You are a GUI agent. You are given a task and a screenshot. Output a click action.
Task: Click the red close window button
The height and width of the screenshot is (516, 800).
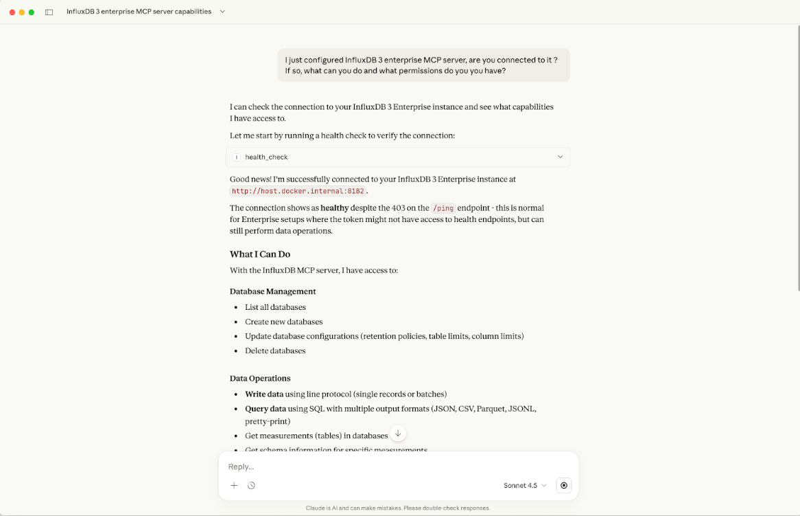pyautogui.click(x=12, y=12)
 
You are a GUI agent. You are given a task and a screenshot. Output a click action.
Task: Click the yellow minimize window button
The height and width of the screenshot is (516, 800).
pyautogui.click(x=22, y=12)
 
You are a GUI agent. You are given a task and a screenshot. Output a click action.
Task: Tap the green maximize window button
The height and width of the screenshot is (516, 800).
pyautogui.click(x=32, y=12)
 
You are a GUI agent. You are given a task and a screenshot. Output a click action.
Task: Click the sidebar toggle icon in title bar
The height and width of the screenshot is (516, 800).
pyautogui.click(x=49, y=12)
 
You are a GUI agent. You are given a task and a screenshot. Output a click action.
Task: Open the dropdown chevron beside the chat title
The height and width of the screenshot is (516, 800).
pyautogui.click(x=222, y=12)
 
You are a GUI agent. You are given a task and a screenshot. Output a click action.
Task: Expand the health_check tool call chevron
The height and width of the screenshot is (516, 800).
pyautogui.click(x=560, y=157)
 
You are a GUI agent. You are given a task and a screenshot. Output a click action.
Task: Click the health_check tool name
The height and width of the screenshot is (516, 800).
pyautogui.click(x=266, y=157)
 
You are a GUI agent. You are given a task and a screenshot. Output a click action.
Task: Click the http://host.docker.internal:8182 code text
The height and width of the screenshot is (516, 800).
pyautogui.click(x=298, y=191)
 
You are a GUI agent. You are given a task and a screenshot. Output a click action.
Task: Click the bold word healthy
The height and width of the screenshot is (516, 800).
pyautogui.click(x=335, y=207)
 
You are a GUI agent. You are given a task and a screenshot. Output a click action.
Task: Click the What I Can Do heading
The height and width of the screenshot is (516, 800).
pyautogui.click(x=260, y=254)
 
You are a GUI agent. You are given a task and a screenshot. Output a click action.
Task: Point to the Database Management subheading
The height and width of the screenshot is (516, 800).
pyautogui.click(x=272, y=291)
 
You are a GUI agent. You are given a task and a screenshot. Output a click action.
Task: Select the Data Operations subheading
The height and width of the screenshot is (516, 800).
pyautogui.click(x=260, y=379)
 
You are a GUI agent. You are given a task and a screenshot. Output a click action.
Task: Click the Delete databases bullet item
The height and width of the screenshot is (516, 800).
pyautogui.click(x=275, y=350)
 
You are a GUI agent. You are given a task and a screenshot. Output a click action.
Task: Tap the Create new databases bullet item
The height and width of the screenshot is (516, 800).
pyautogui.click(x=283, y=322)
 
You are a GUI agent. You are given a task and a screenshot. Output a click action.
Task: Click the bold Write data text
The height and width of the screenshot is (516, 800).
pyautogui.click(x=264, y=394)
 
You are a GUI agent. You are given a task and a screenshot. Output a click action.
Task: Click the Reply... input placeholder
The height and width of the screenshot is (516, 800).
pyautogui.click(x=242, y=467)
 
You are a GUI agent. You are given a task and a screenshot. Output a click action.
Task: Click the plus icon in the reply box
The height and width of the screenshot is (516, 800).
pyautogui.click(x=234, y=485)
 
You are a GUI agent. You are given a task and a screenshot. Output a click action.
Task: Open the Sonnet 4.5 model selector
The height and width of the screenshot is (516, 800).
pyautogui.click(x=525, y=485)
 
